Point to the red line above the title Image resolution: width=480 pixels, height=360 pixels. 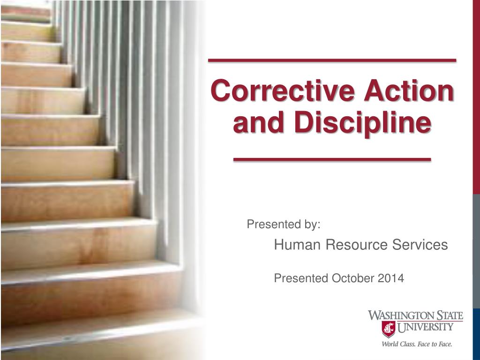332,60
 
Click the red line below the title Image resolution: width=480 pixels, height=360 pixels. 332,160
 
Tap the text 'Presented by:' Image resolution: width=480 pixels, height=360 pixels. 284,225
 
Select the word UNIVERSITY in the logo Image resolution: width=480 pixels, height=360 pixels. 426,327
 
